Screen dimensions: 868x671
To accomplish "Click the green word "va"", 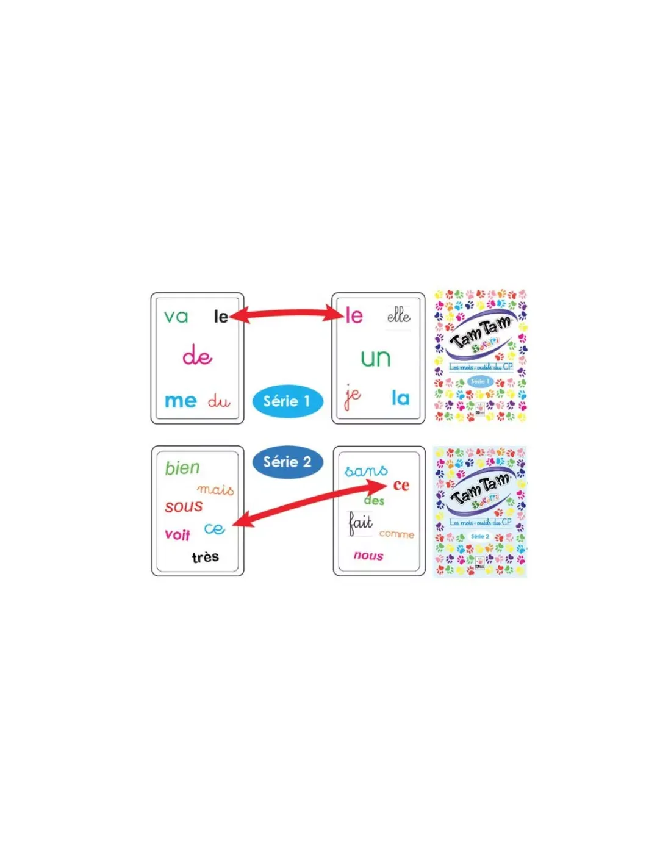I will click(x=176, y=317).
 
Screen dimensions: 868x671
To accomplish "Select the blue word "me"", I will click(x=181, y=401).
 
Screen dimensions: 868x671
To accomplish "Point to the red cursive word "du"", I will click(x=219, y=401).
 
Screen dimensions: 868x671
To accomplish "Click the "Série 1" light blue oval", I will click(x=287, y=401).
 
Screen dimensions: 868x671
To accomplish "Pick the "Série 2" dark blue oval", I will click(x=287, y=462).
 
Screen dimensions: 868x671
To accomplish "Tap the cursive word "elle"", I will click(x=399, y=315).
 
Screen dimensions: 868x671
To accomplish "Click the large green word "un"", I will click(x=375, y=357).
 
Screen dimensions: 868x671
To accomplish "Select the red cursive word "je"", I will click(x=352, y=396).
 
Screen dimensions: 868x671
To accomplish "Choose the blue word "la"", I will click(x=400, y=398).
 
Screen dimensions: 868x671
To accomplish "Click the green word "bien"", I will click(x=182, y=468).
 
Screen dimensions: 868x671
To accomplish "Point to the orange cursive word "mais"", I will click(x=215, y=489).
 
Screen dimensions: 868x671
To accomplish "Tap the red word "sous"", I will click(x=184, y=506).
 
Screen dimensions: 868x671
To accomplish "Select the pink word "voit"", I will click(x=178, y=535).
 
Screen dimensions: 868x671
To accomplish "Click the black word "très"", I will click(x=205, y=557).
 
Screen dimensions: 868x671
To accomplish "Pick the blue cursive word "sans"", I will click(x=366, y=471).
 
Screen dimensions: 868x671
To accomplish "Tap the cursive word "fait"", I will click(x=361, y=523).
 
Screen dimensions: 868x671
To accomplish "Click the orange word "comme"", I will click(x=396, y=534).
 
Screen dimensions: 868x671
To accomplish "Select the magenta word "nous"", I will click(x=368, y=556).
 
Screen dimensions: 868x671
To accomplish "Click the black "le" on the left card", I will click(x=221, y=317).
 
